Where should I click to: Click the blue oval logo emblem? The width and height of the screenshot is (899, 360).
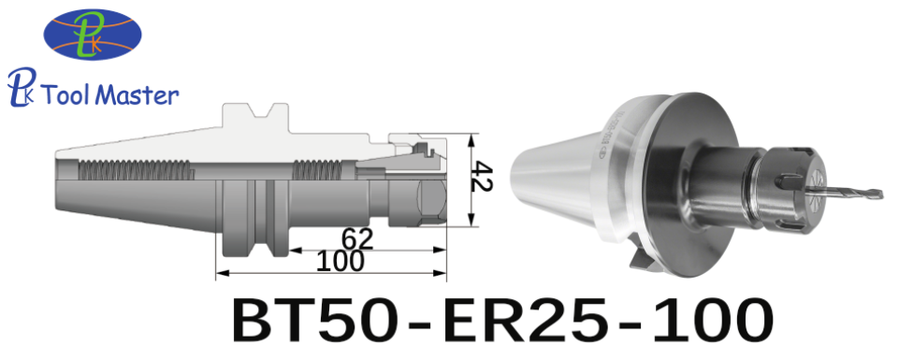[93, 35]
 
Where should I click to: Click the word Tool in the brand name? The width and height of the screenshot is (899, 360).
[65, 94]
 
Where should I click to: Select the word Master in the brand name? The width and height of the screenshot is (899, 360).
[137, 94]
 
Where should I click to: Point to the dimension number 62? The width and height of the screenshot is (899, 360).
[356, 238]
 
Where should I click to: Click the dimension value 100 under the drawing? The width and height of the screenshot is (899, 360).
[340, 262]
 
